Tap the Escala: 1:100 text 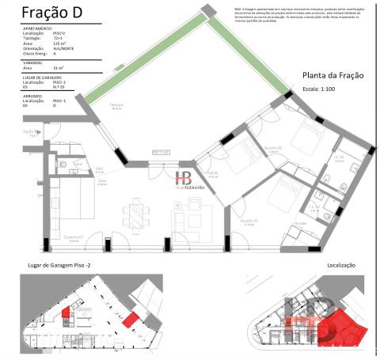pyautogui.click(x=325, y=89)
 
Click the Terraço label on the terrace pyautogui.click(x=117, y=105)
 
